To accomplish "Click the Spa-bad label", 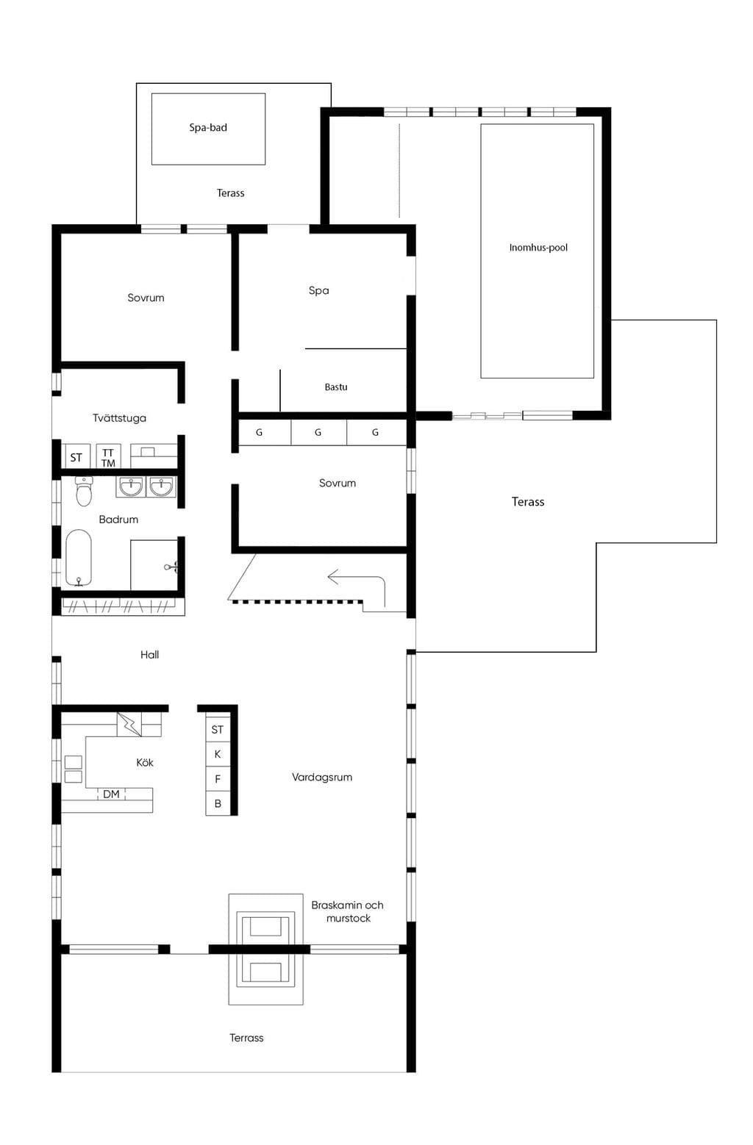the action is tap(207, 128).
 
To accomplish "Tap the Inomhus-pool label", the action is tap(538, 248).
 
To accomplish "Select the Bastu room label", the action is tap(336, 387).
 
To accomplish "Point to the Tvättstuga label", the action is tap(119, 418).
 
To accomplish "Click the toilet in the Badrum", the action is tap(84, 491).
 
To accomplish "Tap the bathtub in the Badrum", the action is tap(79, 558).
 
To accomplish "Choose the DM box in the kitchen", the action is tap(112, 794).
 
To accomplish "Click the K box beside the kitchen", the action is tap(218, 754).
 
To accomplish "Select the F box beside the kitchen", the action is tap(218, 779).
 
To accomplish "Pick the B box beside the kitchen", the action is tap(218, 803).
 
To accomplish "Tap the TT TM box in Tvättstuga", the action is tap(108, 456).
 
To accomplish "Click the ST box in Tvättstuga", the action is tap(76, 456).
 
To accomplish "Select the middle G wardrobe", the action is tap(318, 432).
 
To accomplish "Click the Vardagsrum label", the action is tap(322, 778).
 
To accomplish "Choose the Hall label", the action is tap(149, 655).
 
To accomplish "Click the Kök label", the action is tap(145, 763).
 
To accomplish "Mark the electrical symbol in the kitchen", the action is tap(129, 725).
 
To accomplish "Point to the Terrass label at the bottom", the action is tap(246, 1038).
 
